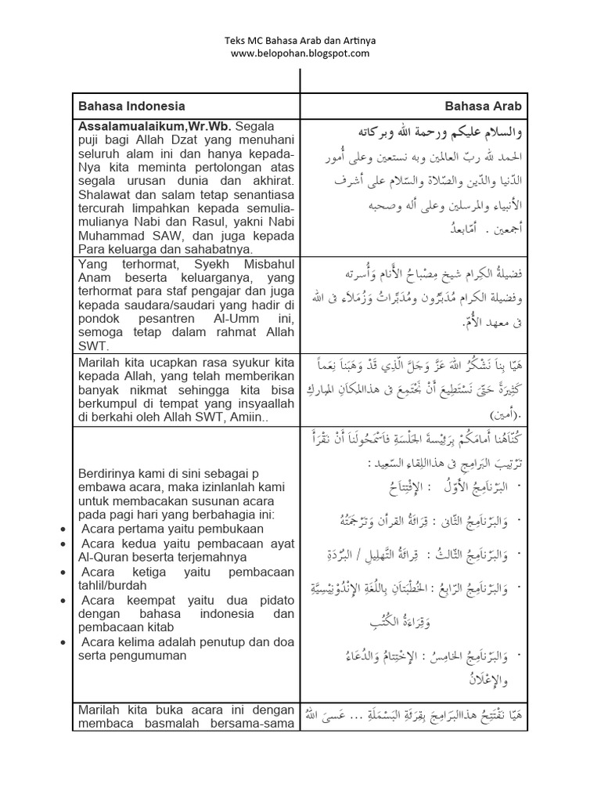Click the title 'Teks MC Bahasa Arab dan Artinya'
(x=300, y=40)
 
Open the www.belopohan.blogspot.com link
(x=300, y=53)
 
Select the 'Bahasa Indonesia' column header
(x=131, y=107)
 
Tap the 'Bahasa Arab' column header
(x=484, y=107)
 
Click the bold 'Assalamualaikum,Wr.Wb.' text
(x=153, y=125)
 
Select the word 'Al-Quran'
(x=100, y=557)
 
